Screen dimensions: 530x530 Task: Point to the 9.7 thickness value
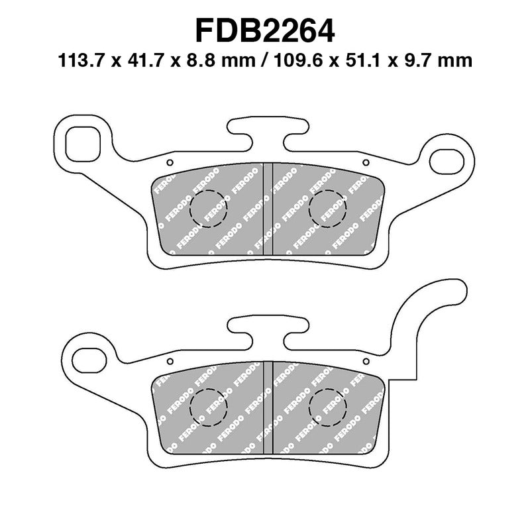click(421, 62)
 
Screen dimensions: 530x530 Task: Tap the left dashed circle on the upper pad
click(208, 209)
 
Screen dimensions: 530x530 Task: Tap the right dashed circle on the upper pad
click(327, 209)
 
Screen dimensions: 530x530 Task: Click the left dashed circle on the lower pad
click(208, 406)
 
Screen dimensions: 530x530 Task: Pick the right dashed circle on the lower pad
click(327, 406)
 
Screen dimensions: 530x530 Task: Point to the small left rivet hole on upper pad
click(170, 162)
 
